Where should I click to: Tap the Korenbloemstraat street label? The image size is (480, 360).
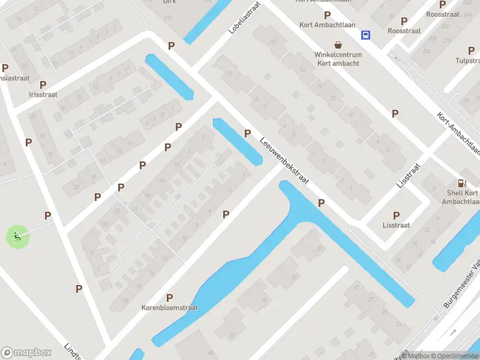click(x=170, y=308)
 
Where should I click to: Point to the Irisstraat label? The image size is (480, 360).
click(x=43, y=95)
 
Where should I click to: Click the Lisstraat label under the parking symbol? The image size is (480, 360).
click(x=396, y=225)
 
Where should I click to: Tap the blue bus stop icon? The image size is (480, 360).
click(x=365, y=35)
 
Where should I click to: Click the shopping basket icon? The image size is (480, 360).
click(x=338, y=45)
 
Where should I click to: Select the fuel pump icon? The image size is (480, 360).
click(x=461, y=183)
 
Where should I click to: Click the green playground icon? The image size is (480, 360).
click(x=16, y=236)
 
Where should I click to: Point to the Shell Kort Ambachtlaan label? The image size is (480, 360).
click(x=463, y=197)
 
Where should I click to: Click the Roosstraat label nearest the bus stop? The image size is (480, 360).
click(x=404, y=31)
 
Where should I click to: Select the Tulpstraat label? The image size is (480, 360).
click(x=467, y=60)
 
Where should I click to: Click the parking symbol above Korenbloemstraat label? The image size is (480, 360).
click(x=170, y=298)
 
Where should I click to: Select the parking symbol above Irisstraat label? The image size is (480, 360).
click(x=43, y=85)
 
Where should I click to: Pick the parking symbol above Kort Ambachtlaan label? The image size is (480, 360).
click(x=327, y=15)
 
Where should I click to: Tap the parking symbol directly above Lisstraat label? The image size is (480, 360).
click(x=396, y=215)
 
